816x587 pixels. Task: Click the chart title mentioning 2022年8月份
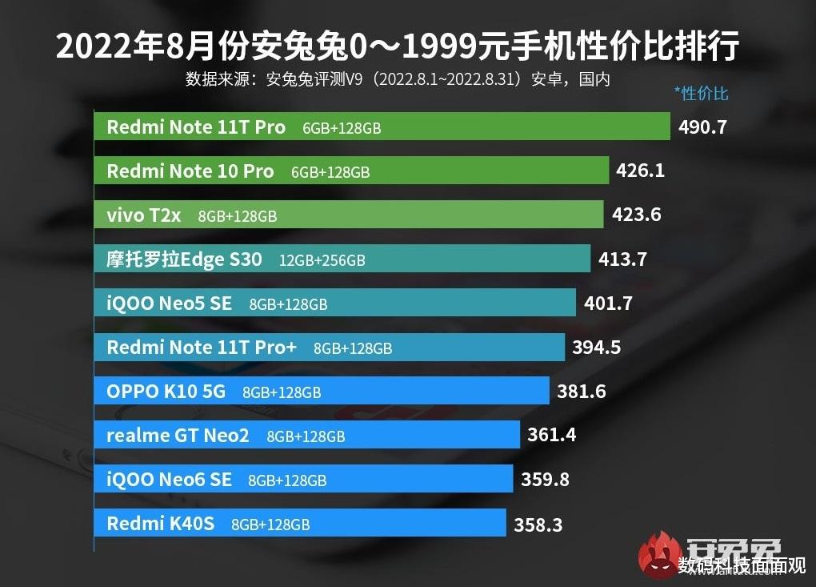click(x=397, y=46)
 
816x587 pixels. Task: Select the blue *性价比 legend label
click(x=702, y=94)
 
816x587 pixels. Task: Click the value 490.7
click(x=702, y=127)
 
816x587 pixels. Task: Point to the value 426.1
click(x=640, y=171)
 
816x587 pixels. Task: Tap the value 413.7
click(x=622, y=259)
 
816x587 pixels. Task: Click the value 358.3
click(x=538, y=525)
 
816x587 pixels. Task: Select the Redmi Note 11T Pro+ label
click(x=202, y=348)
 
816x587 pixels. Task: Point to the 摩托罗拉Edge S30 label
click(x=184, y=259)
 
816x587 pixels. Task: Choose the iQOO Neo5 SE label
click(x=169, y=304)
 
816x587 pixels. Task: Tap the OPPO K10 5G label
click(x=166, y=392)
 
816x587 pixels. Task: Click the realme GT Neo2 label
click(x=178, y=436)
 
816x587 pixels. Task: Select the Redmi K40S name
click(x=160, y=525)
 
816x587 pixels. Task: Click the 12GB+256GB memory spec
click(x=322, y=260)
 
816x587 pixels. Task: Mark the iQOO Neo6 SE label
click(x=169, y=480)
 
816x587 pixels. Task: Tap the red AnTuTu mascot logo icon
click(x=655, y=553)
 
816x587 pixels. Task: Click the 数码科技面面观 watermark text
click(x=741, y=565)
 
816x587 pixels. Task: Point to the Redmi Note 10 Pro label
click(x=190, y=171)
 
